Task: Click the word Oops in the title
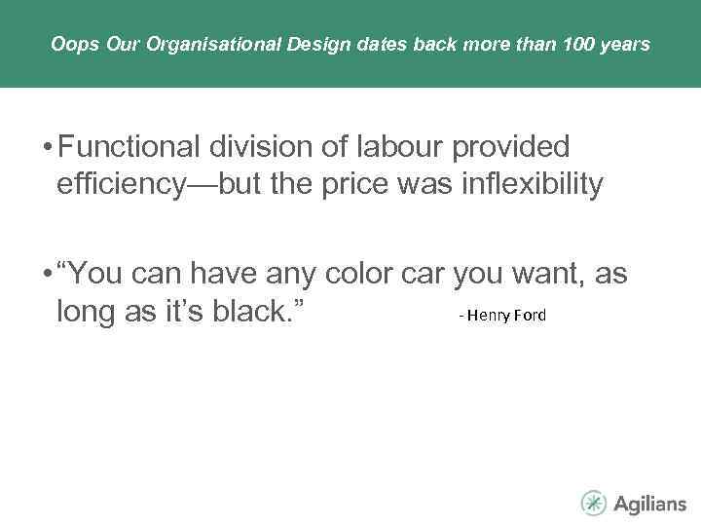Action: pyautogui.click(x=67, y=45)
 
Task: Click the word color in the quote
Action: pyautogui.click(x=355, y=276)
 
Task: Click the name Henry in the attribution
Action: pyautogui.click(x=491, y=316)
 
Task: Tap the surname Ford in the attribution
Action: pyautogui.click(x=530, y=316)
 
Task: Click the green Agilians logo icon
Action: pyautogui.click(x=594, y=503)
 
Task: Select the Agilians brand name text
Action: pyautogui.click(x=648, y=504)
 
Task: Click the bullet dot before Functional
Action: pyautogui.click(x=45, y=149)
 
